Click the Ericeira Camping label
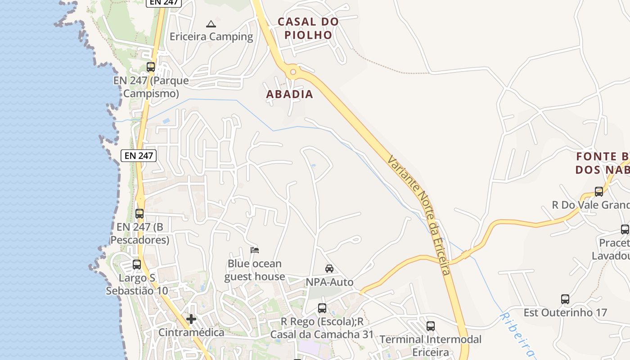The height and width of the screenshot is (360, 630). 211,37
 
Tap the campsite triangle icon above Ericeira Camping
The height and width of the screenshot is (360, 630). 211,24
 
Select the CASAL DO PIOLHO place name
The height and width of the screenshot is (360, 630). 308,28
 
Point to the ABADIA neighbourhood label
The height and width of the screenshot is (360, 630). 289,94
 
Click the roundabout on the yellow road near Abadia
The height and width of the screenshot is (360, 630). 293,71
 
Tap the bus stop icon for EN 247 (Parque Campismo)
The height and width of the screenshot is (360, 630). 151,67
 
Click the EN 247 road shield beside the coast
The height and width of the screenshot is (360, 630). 139,156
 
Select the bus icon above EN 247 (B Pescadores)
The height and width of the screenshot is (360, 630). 139,213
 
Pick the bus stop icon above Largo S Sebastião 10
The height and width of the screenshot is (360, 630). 137,265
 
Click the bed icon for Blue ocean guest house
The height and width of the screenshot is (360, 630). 255,250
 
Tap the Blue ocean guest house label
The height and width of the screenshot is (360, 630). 255,270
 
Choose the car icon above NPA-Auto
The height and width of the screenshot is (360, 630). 329,269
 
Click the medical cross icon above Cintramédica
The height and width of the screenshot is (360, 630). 191,319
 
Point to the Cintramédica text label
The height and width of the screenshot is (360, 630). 191,333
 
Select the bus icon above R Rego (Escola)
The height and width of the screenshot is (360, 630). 322,308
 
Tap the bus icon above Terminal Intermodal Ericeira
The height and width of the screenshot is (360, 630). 431,326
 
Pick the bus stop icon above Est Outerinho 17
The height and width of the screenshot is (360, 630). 565,299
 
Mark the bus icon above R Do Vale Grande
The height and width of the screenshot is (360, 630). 599,192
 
